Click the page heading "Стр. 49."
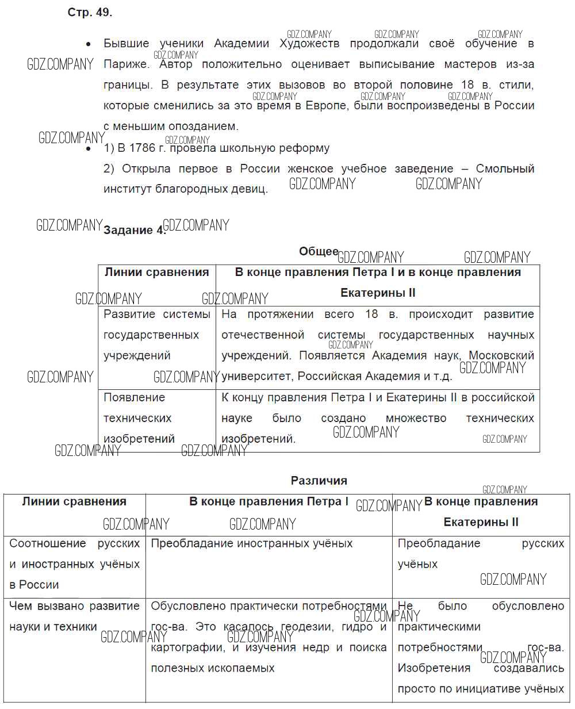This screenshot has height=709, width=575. pos(90,13)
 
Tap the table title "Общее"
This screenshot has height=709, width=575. pos(319,251)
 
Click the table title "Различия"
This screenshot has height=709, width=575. pos(319,481)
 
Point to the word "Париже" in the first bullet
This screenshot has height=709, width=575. pos(126,64)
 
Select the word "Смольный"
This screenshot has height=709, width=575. pos(505,169)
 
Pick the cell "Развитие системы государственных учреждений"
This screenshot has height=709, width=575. pos(156,335)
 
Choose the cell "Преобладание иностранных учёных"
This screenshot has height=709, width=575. pos(252,543)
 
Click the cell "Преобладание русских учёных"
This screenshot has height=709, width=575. pos(481,553)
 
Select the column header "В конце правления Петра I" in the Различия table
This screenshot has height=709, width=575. pos(269,501)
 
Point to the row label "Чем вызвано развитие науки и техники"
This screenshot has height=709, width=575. pos(74,616)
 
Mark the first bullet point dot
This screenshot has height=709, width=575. pos(88,44)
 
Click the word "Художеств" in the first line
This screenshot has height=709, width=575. pos(309,44)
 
